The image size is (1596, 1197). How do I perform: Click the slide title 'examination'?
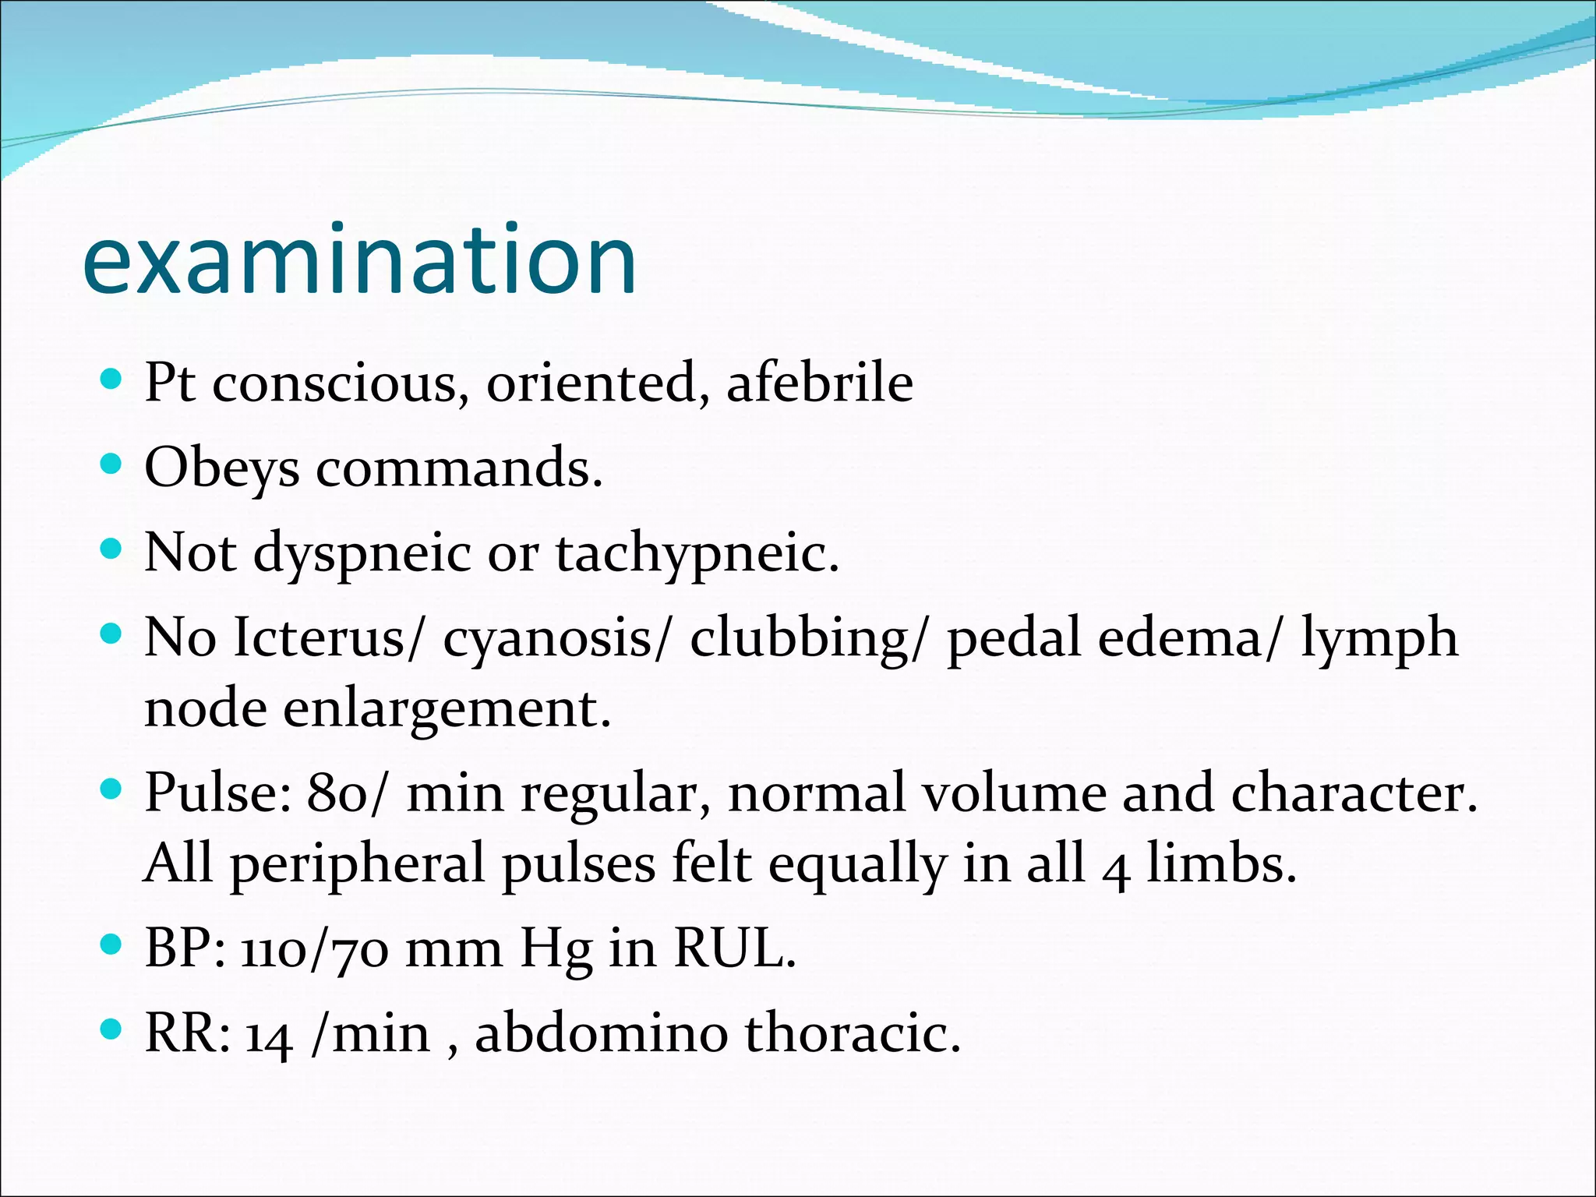[x=359, y=260]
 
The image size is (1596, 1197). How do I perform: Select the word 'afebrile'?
[x=820, y=383]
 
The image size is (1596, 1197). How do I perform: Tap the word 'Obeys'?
[x=222, y=469]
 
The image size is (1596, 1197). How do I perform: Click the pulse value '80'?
[x=337, y=793]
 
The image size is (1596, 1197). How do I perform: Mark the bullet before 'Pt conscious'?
[x=112, y=380]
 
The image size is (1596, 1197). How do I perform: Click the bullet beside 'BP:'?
[x=112, y=945]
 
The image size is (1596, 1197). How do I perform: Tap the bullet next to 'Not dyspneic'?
[x=112, y=549]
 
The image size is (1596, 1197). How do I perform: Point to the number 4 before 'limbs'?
[x=1116, y=870]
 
